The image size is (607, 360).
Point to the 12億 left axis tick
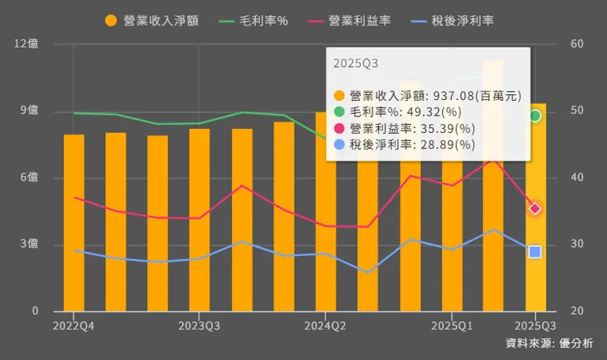point(27,44)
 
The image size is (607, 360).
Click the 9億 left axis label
point(30,111)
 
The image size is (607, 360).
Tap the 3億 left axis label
point(30,244)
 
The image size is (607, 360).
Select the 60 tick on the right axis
point(577,44)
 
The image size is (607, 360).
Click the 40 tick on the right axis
point(577,178)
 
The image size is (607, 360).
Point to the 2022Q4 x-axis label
point(74,326)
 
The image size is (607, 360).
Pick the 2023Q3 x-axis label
point(199,326)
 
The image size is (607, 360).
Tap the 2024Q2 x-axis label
point(326,326)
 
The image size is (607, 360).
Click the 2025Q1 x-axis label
point(451,326)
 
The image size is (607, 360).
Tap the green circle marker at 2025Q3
point(535,116)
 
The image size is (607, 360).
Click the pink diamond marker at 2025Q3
point(535,208)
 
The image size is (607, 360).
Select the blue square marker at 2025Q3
point(535,252)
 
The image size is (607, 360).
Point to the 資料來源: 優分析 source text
point(549,344)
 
